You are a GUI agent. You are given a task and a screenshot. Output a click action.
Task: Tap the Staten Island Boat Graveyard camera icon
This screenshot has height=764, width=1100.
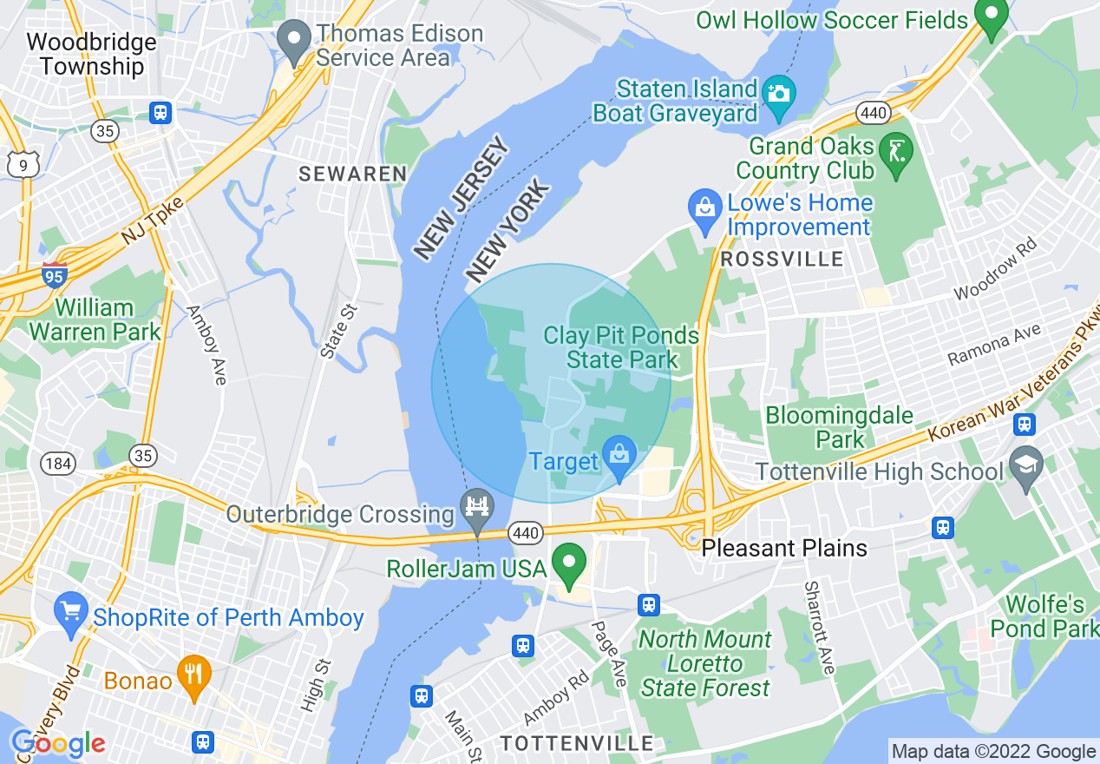(778, 91)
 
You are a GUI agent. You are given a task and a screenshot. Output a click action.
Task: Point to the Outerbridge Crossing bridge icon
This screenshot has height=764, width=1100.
(477, 506)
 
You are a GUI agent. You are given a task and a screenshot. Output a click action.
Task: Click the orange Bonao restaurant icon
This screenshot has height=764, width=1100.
(194, 675)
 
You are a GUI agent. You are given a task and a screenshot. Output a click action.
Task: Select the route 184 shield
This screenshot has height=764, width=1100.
(59, 464)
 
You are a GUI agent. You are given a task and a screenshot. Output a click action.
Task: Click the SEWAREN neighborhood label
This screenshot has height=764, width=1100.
(352, 174)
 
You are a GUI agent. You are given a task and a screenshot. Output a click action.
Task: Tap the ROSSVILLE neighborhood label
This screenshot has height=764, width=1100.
(782, 259)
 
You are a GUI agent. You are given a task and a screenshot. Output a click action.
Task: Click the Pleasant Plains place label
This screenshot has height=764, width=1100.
(784, 548)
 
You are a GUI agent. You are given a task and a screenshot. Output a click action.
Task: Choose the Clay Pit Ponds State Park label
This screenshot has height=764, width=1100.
(621, 347)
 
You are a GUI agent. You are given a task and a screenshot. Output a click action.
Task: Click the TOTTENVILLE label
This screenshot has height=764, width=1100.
(577, 743)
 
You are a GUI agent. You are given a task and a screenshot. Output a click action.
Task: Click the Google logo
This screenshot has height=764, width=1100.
(58, 743)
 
